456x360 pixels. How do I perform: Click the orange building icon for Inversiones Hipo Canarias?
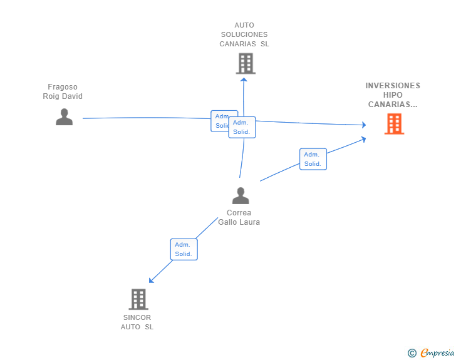pos(394,124)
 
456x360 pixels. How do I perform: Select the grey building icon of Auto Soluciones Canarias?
pos(246,63)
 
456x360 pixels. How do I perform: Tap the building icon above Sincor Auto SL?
pos(138,299)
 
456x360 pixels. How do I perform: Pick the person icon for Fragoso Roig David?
pos(64,117)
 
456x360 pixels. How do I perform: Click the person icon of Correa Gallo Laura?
pos(241,196)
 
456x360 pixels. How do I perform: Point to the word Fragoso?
pos(63,87)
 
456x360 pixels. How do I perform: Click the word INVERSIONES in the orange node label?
pos(393,86)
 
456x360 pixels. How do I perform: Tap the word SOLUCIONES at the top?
pos(244,34)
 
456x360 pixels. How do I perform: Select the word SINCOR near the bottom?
pos(137,317)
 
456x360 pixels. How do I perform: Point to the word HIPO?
pos(393,95)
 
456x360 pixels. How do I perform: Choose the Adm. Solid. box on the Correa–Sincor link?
pos(184,249)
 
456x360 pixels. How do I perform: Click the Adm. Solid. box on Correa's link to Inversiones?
pos(313,159)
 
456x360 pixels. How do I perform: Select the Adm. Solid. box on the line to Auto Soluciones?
pos(242,127)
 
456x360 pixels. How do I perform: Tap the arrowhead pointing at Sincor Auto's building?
pos(151,280)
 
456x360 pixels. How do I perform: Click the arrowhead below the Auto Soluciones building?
pos(244,78)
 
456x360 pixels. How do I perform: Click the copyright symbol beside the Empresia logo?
pos(412,353)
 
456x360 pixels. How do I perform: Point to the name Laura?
pos(250,222)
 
